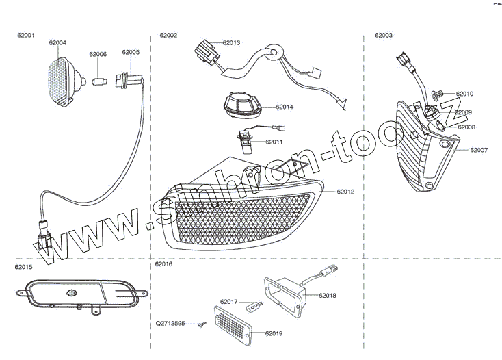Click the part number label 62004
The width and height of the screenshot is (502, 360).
click(57, 42)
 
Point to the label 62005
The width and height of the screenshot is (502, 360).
click(131, 52)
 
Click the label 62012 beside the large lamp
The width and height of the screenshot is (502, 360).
click(345, 192)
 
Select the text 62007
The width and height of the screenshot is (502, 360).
click(479, 149)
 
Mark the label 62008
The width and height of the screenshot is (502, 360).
click(466, 127)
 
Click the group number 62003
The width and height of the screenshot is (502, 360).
click(384, 34)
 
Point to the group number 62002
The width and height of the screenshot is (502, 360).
click(168, 34)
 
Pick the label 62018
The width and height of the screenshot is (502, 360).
click(327, 296)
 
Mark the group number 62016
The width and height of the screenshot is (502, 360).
click(164, 263)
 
